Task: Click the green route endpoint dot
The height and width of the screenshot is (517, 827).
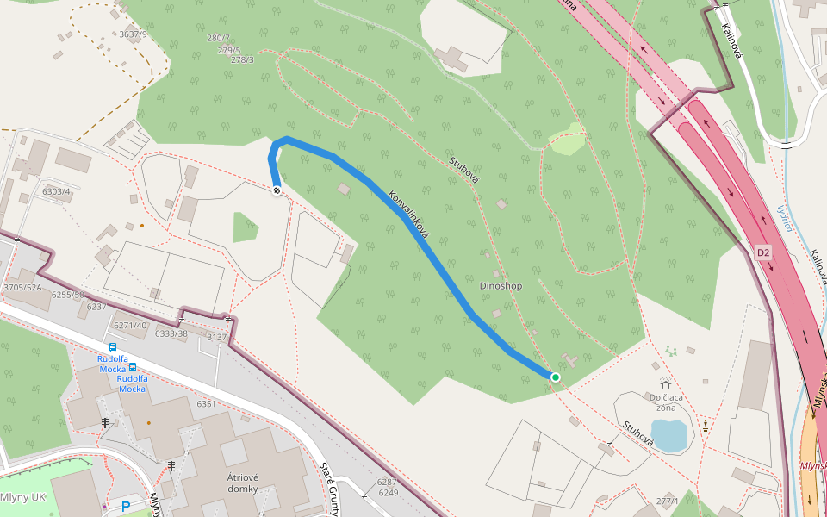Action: click(556, 377)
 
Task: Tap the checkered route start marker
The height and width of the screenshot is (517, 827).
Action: click(277, 190)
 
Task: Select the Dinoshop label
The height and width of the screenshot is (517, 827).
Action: click(501, 286)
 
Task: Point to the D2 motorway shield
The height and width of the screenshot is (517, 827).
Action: click(763, 252)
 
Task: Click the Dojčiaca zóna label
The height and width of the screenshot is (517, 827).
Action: click(666, 402)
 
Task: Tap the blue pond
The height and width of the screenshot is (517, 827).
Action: click(669, 434)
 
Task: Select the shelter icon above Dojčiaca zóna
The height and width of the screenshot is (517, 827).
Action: click(665, 384)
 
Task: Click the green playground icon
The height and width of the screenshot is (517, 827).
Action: click(671, 351)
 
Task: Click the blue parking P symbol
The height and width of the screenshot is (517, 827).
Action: click(126, 507)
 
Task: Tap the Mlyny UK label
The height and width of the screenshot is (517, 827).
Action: click(22, 498)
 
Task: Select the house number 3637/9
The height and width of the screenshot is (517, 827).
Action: click(134, 34)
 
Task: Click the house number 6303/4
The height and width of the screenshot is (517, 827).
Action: click(56, 191)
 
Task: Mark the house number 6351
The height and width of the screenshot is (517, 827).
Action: click(206, 404)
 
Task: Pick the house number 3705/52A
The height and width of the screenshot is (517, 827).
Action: click(22, 288)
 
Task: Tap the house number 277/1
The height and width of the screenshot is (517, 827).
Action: click(668, 501)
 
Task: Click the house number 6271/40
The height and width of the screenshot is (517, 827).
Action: click(131, 325)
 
